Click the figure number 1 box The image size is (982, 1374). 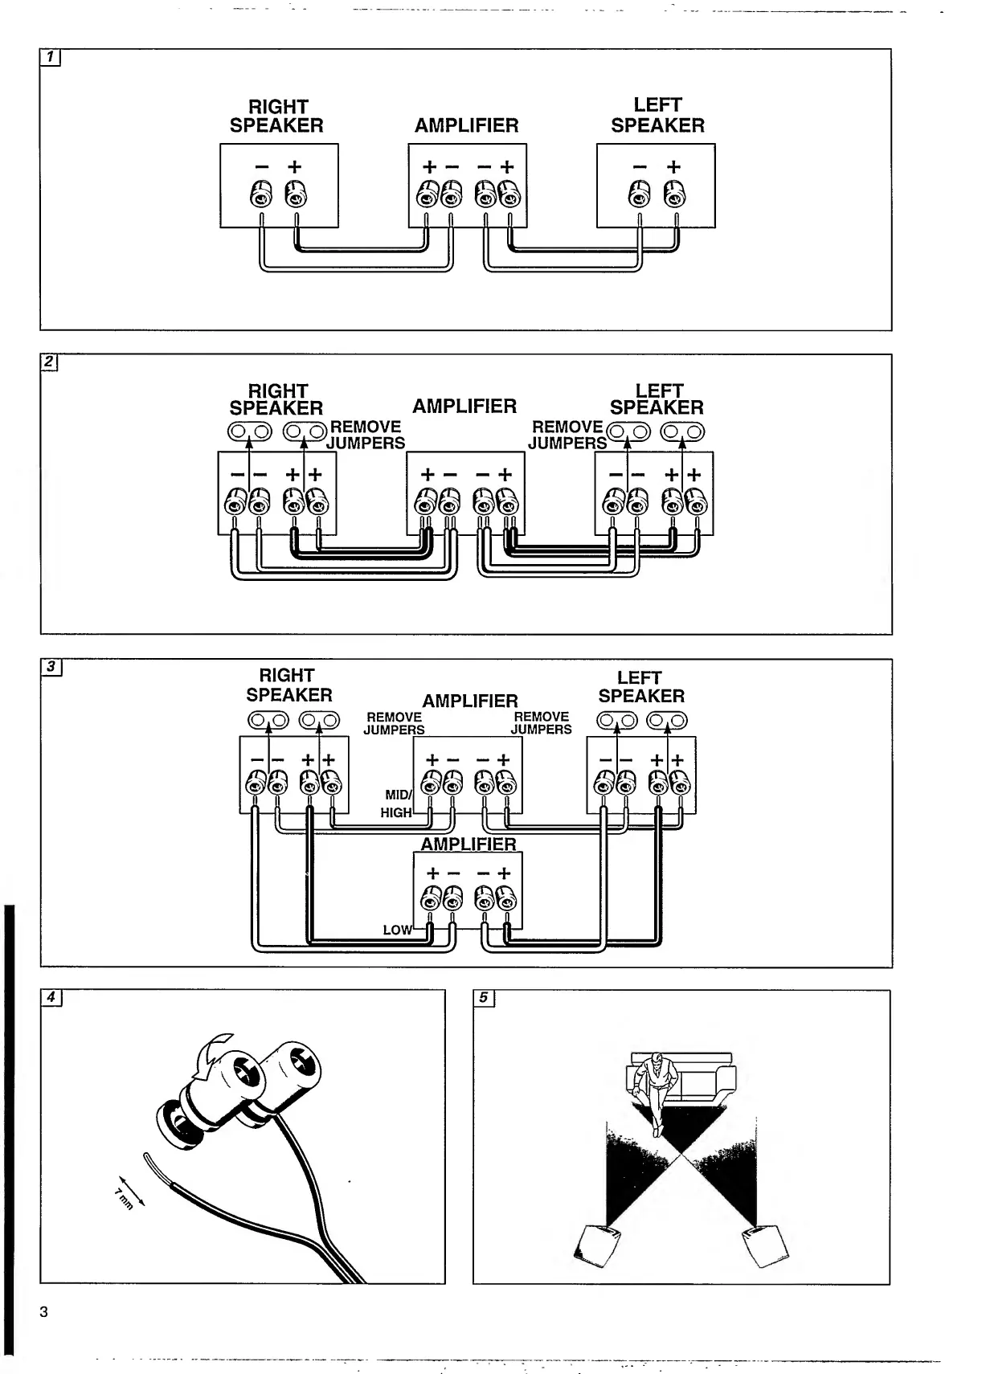click(x=50, y=57)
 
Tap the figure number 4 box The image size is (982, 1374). click(x=51, y=997)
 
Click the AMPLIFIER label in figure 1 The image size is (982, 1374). click(x=466, y=125)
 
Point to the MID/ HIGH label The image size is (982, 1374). click(x=397, y=804)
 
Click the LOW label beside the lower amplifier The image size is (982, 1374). click(x=397, y=930)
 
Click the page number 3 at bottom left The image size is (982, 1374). click(x=44, y=1312)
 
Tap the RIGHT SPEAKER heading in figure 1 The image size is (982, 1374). click(x=277, y=117)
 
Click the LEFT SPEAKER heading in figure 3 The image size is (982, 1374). click(x=640, y=687)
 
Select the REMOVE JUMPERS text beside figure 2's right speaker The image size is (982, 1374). click(x=366, y=435)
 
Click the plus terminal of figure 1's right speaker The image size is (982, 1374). click(x=295, y=194)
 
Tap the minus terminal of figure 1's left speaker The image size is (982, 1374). click(x=639, y=194)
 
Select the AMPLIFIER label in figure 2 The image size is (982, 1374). click(x=464, y=406)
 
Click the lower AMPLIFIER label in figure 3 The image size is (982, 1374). click(x=468, y=844)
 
